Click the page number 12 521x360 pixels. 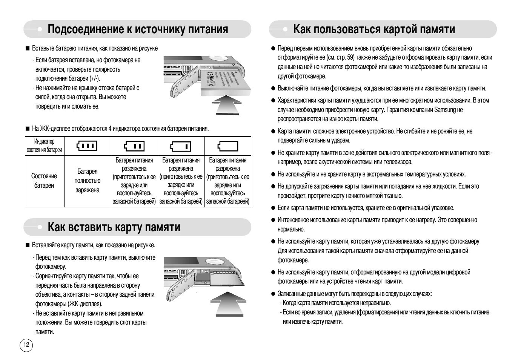pos(26,345)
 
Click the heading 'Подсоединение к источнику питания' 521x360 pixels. pos(138,29)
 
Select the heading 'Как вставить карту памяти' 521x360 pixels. pos(114,227)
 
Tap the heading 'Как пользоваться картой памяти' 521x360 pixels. pos(374,29)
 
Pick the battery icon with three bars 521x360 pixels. pos(87,146)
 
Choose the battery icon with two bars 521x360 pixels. pos(134,146)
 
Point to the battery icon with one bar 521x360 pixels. pos(181,146)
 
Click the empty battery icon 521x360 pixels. pos(228,146)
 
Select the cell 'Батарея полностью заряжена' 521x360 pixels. pos(87,181)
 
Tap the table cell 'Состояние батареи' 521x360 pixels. pos(44,181)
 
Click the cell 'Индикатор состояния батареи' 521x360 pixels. pos(44,146)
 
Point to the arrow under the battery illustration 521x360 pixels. pos(226,104)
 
